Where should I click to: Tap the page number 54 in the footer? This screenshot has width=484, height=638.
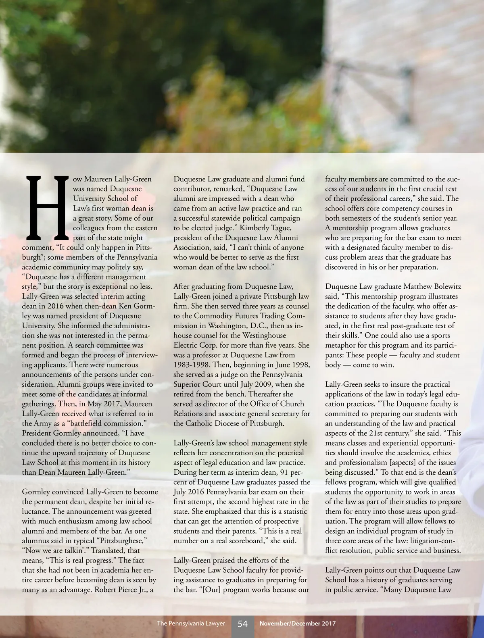pyautogui.click(x=242, y=623)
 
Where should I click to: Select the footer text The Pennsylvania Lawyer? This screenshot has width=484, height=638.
pyautogui.click(x=191, y=623)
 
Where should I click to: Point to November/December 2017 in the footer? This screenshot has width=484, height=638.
pyautogui.click(x=297, y=623)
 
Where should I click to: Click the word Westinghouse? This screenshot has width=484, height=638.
pyautogui.click(x=264, y=336)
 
